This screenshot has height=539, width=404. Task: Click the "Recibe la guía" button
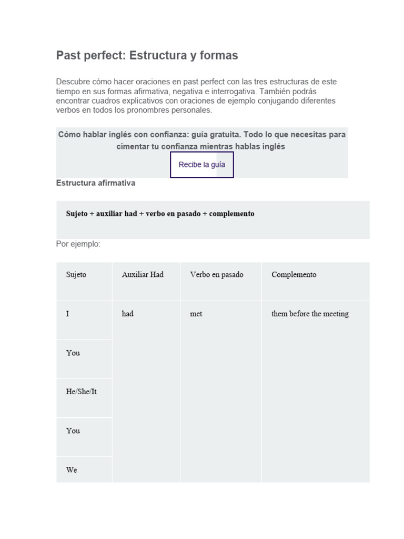pos(202,165)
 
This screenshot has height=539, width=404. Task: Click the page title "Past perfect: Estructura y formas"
pos(147,55)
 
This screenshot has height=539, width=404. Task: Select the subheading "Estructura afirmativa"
pos(95,183)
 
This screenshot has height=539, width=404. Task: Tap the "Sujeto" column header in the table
pos(76,275)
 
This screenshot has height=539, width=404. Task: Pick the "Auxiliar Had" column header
pos(143,275)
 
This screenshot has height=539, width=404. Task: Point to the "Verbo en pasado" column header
pos(217,275)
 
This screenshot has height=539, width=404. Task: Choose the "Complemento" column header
pos(294,275)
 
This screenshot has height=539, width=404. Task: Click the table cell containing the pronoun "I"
pos(68,314)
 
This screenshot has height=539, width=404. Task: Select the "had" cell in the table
pos(128,314)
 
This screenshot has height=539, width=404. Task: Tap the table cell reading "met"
pos(196,314)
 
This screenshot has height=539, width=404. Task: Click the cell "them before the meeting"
pos(310,314)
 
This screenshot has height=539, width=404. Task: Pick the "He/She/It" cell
pos(82,392)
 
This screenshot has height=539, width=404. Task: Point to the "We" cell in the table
pos(72,470)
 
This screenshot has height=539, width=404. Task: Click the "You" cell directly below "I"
pos(73,353)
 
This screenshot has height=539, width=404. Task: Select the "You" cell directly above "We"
pos(73,431)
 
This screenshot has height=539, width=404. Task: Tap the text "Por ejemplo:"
pos(78,244)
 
